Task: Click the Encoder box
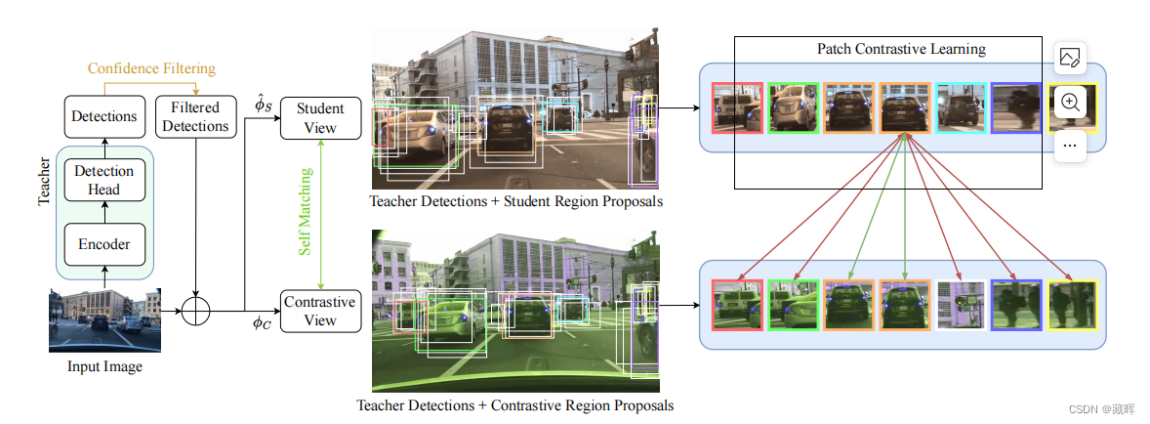point(104,243)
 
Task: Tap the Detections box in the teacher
point(104,116)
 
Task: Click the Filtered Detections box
point(195,116)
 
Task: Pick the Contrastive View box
point(320,311)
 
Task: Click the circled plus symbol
point(196,311)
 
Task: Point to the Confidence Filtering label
point(151,68)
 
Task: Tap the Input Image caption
point(104,367)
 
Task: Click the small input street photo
point(104,319)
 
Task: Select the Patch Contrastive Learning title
point(901,49)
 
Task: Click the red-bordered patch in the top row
point(737,106)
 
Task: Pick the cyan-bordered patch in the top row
point(961,106)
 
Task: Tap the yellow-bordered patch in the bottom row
point(1072,304)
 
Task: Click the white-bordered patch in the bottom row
point(961,304)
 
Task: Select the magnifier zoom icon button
point(1070,102)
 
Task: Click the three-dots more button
point(1070,145)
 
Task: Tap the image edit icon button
point(1070,59)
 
